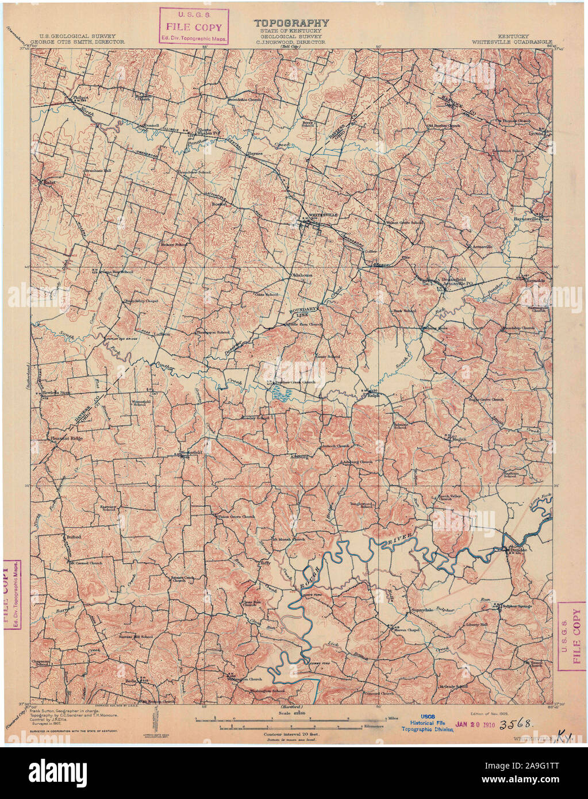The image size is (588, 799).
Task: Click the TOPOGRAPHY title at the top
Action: point(292,23)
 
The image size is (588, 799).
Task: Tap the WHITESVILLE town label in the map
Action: point(324,214)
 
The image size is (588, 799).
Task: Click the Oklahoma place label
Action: point(301,275)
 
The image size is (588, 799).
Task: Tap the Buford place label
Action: point(73,537)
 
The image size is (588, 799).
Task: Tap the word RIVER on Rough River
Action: point(388,540)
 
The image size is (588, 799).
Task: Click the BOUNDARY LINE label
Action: point(303,312)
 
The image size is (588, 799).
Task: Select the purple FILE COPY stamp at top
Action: point(195,26)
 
